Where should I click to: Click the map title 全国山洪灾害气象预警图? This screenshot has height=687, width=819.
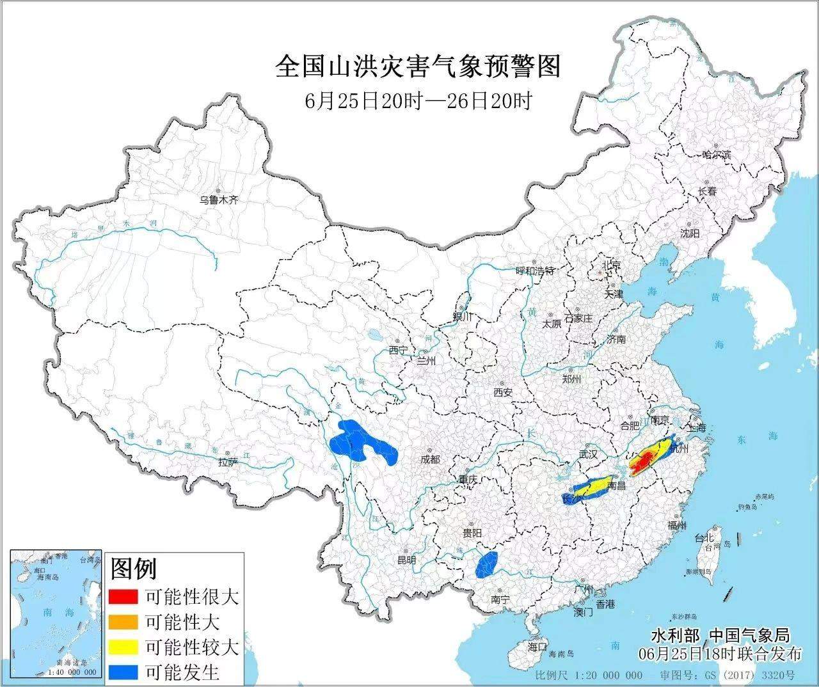[x=417, y=67]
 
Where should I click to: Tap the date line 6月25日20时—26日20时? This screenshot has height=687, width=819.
[x=417, y=101]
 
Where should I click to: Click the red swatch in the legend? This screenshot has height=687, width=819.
[x=123, y=597]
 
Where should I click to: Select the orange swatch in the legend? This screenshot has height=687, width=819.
[x=123, y=622]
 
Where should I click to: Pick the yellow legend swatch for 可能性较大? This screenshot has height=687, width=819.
[x=123, y=647]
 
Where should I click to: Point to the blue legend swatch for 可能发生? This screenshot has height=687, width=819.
[x=123, y=672]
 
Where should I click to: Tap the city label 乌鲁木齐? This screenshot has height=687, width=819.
[x=218, y=200]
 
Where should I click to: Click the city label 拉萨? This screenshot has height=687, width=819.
[x=227, y=462]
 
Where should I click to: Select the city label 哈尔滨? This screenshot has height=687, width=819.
[x=716, y=155]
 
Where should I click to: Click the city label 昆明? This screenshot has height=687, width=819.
[x=406, y=560]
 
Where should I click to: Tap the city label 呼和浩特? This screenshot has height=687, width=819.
[x=535, y=271]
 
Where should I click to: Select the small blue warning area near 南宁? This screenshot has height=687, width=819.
[x=488, y=565]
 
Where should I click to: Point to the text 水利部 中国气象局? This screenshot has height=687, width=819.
[x=720, y=636]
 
